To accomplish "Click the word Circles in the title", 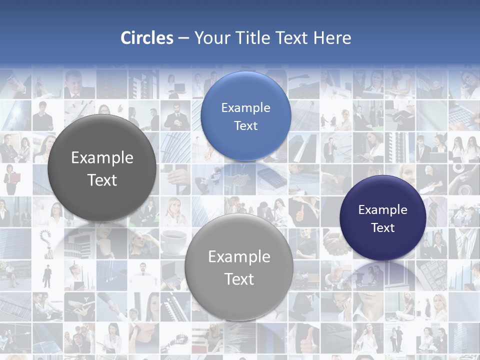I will click(147, 38).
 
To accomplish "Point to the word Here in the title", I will click(332, 38).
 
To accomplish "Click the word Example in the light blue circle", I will click(245, 107).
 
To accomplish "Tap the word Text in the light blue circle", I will click(245, 125).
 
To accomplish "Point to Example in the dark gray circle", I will click(102, 157).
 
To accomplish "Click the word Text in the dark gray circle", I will click(102, 180).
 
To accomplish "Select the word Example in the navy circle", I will click(383, 209).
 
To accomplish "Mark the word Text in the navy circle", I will click(383, 227).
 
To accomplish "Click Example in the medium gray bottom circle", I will click(239, 256).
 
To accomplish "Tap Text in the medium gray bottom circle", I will click(239, 279).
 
